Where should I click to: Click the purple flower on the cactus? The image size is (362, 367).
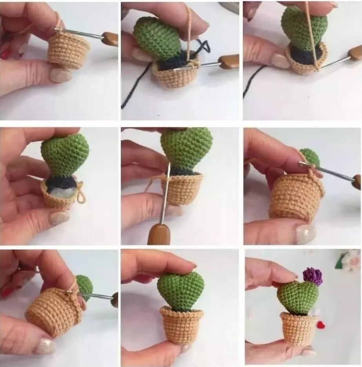point(313,276)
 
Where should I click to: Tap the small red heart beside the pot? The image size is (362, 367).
point(321,325)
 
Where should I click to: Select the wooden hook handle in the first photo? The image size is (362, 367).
point(110,38)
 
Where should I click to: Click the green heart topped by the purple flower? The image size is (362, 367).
point(297,297)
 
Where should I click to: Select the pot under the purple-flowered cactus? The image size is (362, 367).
point(299,328)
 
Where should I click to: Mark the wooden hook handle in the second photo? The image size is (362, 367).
point(229,61)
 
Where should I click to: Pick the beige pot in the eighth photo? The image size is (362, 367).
point(181,325)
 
